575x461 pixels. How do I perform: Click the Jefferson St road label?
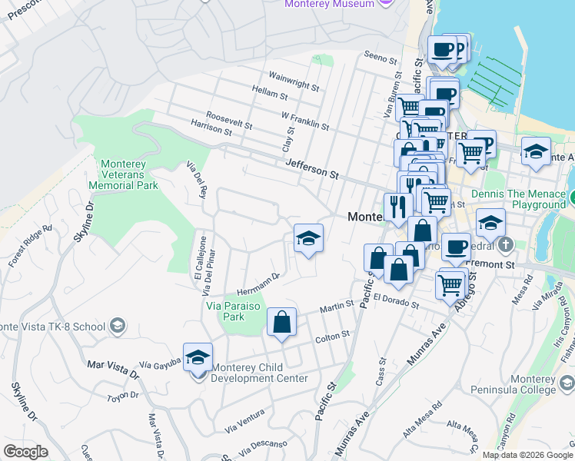(x=311, y=169)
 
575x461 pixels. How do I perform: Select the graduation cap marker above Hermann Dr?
(x=308, y=239)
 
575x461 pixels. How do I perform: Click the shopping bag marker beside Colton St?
(x=282, y=323)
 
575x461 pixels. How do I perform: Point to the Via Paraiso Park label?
(x=234, y=305)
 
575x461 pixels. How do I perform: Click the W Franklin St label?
(x=305, y=120)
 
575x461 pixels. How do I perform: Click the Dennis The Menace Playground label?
(x=518, y=199)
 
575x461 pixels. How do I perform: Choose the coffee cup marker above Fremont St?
(x=456, y=247)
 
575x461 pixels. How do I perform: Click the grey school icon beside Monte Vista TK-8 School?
(x=118, y=326)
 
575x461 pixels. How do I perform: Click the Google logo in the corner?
(x=25, y=451)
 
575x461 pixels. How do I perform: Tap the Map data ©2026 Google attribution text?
(x=527, y=455)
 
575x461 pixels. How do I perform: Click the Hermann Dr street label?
(x=258, y=284)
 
